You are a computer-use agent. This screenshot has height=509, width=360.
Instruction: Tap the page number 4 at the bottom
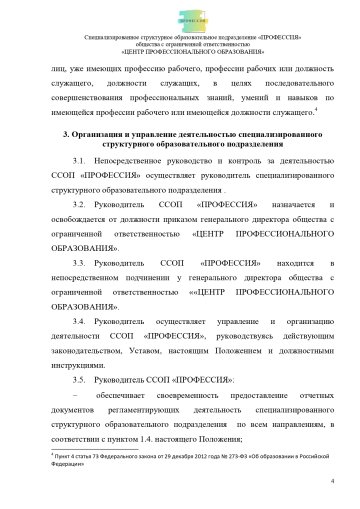pyautogui.click(x=331, y=480)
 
